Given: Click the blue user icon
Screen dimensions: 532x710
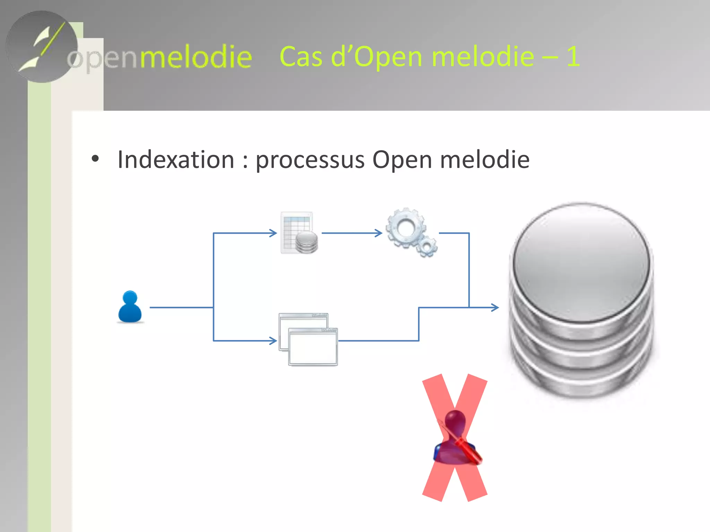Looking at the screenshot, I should [130, 307].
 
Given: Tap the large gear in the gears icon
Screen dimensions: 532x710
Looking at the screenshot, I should [405, 227].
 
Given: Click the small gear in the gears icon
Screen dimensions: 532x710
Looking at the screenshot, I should [427, 246].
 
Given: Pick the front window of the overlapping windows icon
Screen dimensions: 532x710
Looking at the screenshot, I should [313, 347].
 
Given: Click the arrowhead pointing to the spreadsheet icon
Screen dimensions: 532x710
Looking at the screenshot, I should [274, 233].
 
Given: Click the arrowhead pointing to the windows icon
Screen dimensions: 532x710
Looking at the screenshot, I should [274, 341].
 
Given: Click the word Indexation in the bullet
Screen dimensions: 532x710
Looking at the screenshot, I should [176, 160].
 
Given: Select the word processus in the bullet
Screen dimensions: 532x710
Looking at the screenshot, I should [310, 160].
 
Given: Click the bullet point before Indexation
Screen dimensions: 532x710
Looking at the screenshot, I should [95, 159].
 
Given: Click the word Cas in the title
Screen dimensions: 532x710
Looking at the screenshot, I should [301, 56].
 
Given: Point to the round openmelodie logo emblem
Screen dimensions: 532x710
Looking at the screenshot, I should [42, 47].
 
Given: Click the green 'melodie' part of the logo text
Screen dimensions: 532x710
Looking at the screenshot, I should [196, 57].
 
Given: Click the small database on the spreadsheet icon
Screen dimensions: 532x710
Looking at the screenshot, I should [306, 242].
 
